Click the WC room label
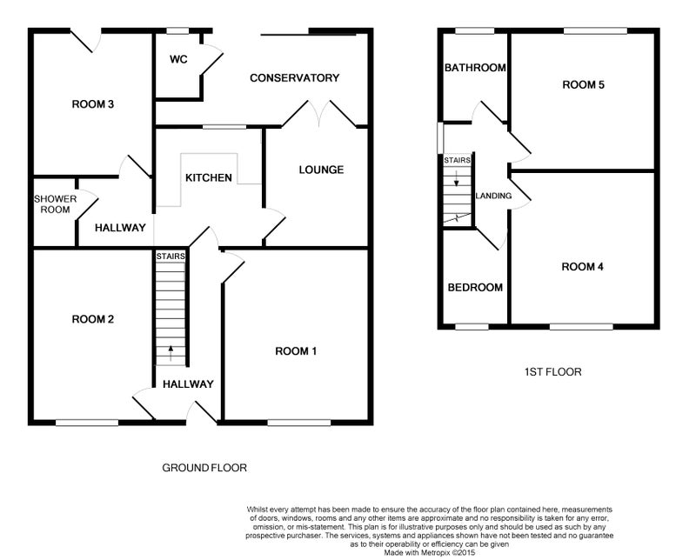coord(178,59)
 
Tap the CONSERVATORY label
coord(295,78)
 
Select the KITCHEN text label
coord(209,178)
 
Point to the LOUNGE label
coord(321,170)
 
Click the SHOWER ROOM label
coord(56,204)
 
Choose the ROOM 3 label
coord(93,104)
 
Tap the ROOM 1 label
coord(296,351)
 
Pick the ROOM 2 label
coord(93,319)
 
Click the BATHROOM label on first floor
coord(475,68)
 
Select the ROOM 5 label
coord(583,84)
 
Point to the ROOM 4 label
coord(582,267)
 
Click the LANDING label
coord(493,196)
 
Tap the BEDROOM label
coord(475,288)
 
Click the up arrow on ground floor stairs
coord(171,353)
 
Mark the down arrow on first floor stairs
coord(457,178)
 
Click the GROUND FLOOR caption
coord(204,468)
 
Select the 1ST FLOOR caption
coord(553,372)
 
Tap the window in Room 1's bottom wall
coord(299,423)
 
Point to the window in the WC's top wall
coord(177,30)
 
